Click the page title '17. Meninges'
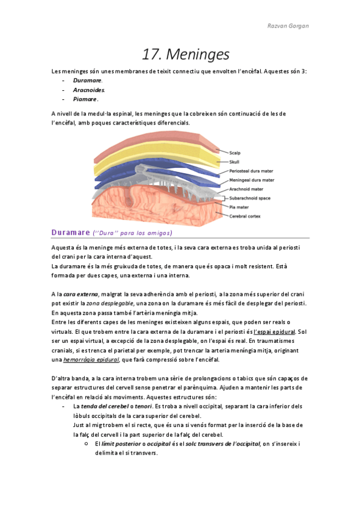point(185,55)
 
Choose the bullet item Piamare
point(85,99)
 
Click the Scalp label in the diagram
point(235,153)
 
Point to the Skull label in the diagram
point(234,162)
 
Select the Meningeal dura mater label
point(252,180)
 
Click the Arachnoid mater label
point(246,189)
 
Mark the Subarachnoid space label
point(249,198)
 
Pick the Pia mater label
point(240,206)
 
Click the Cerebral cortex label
point(245,215)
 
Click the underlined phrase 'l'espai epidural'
point(273,332)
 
